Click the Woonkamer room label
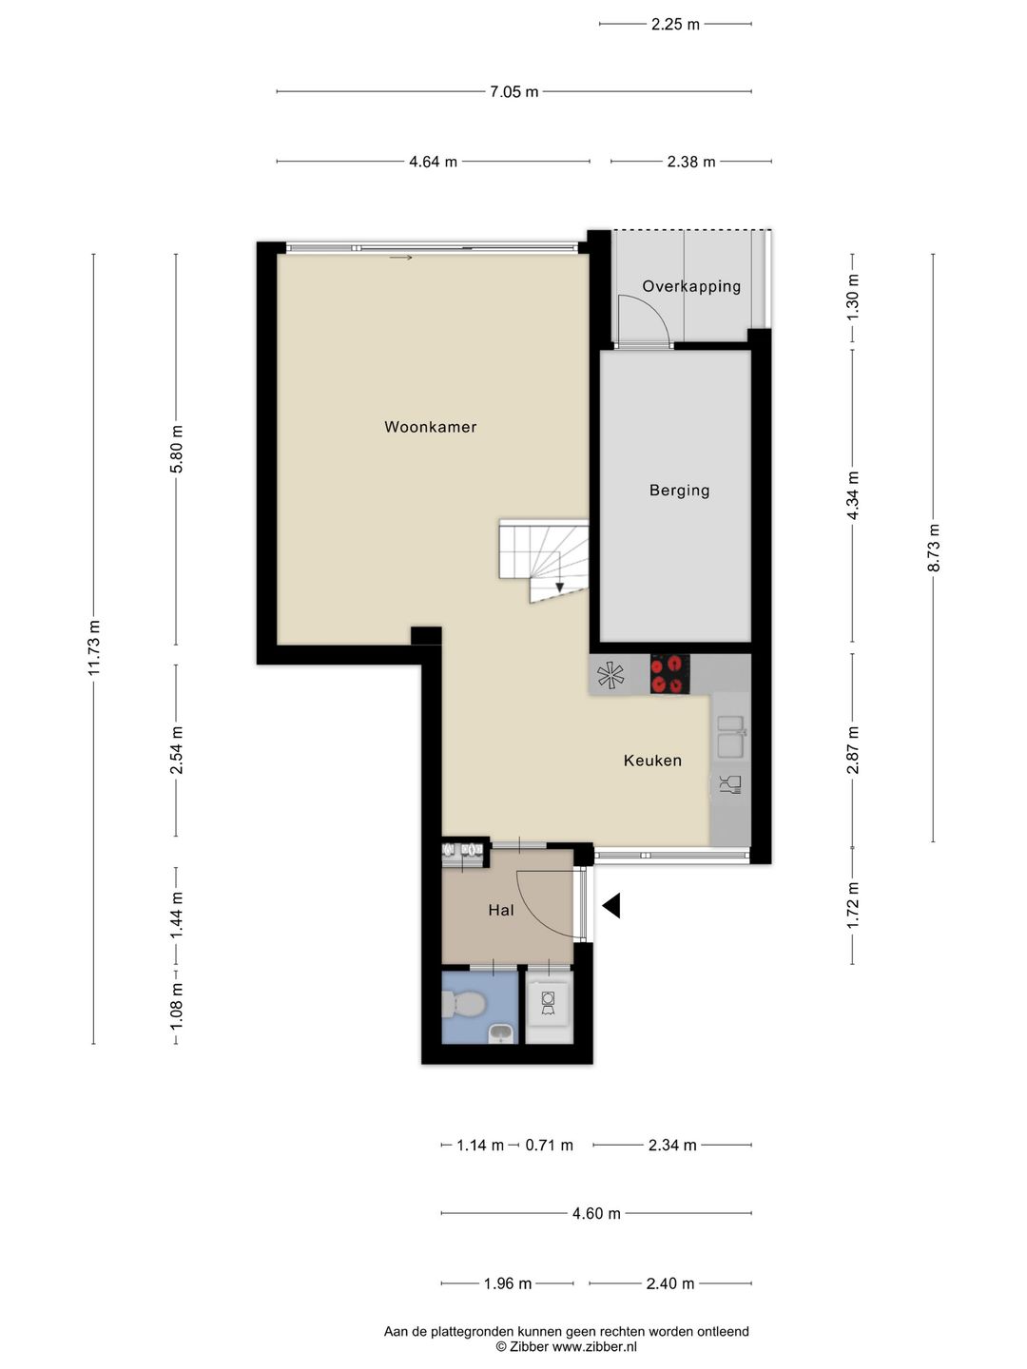[x=430, y=427]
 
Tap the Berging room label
[x=679, y=491]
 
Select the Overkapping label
[x=691, y=286]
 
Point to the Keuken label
[x=652, y=761]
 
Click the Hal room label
[x=501, y=910]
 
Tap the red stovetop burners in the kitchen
[x=669, y=674]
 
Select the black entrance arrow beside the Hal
[x=611, y=906]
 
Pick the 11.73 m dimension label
[x=93, y=648]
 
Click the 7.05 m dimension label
[x=513, y=91]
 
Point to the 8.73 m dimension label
[x=933, y=548]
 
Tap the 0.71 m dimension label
[x=549, y=1145]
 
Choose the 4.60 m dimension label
[x=596, y=1213]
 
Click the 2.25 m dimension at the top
[x=675, y=25]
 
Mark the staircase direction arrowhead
[x=560, y=588]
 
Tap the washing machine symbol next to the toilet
[x=548, y=1005]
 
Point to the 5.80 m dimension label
[x=176, y=449]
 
